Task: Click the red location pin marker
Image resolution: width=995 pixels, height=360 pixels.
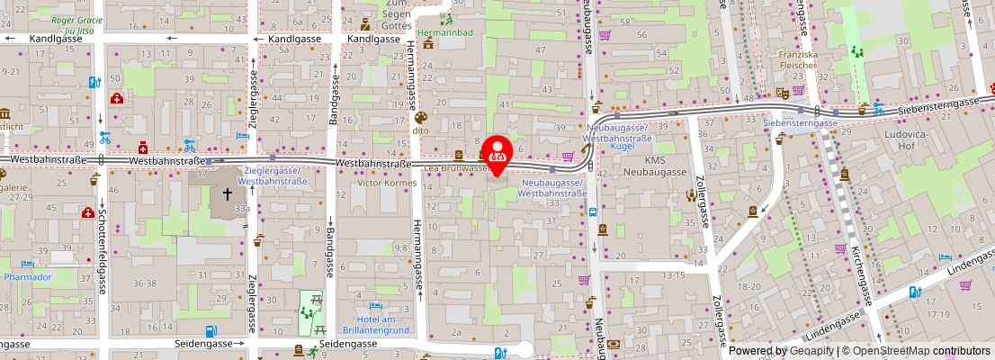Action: tap(497, 152)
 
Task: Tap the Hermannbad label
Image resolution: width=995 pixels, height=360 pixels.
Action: tap(450, 32)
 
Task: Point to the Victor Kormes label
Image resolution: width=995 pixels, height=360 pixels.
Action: tap(388, 183)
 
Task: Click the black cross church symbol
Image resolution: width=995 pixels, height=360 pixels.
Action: tap(227, 193)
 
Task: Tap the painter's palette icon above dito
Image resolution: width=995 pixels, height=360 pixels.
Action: tap(419, 117)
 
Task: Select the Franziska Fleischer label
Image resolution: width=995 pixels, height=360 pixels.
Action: tap(799, 59)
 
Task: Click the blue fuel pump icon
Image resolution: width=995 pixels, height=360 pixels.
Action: tap(210, 331)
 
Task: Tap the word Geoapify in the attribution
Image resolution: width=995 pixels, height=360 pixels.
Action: tap(811, 351)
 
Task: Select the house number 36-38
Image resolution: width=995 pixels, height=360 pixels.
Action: tap(145, 283)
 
